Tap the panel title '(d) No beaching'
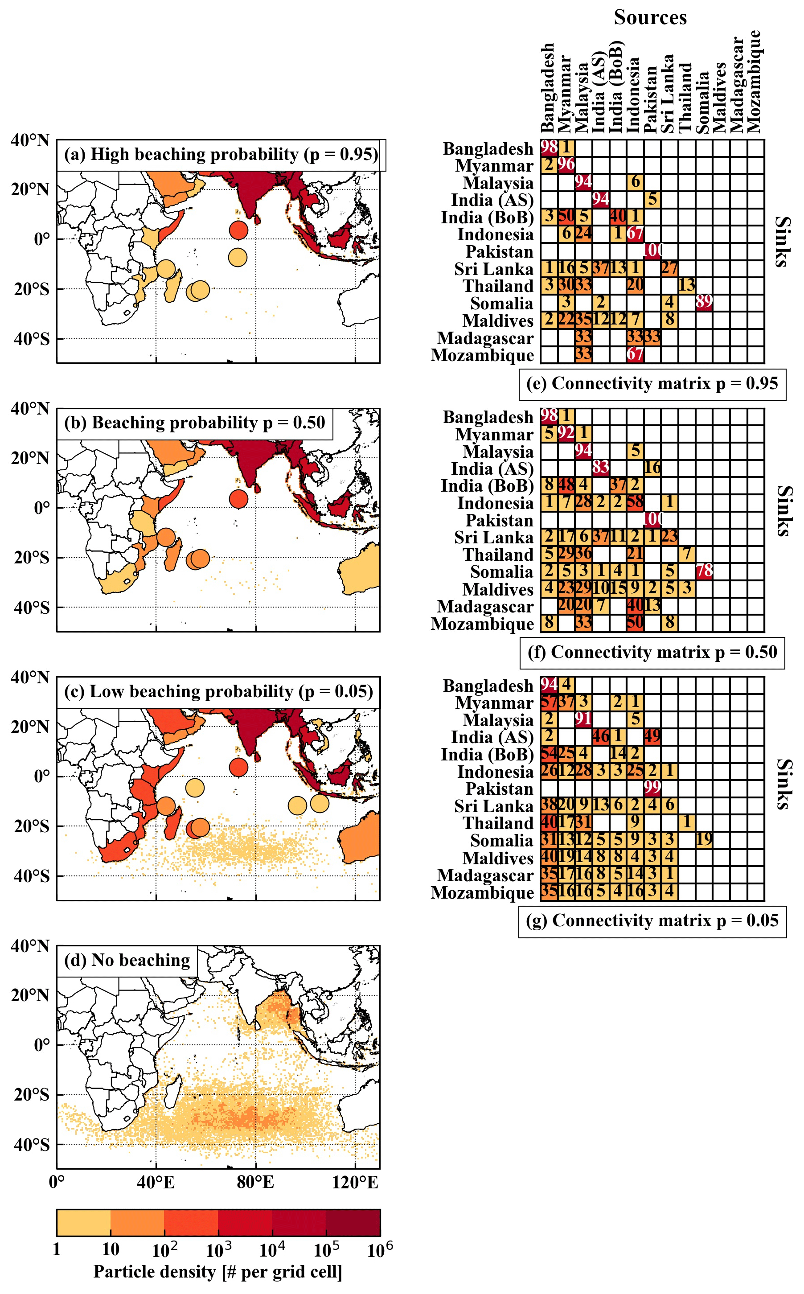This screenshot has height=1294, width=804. pyautogui.click(x=127, y=960)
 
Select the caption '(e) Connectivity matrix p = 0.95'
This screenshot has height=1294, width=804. pyautogui.click(x=652, y=383)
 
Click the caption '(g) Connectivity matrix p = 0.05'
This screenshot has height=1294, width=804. pyautogui.click(x=652, y=920)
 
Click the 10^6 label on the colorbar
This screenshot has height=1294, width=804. pyautogui.click(x=380, y=1250)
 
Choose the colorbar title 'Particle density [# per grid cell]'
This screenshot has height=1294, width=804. pyautogui.click(x=218, y=1272)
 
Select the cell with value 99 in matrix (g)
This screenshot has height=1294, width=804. pyautogui.click(x=652, y=788)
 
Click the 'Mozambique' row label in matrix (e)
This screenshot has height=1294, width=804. pyautogui.click(x=482, y=355)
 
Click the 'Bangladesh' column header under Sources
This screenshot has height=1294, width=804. pyautogui.click(x=548, y=88)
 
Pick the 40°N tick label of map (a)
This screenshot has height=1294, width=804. pyautogui.click(x=30, y=141)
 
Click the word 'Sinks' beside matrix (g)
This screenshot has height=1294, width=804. pyautogui.click(x=782, y=784)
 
